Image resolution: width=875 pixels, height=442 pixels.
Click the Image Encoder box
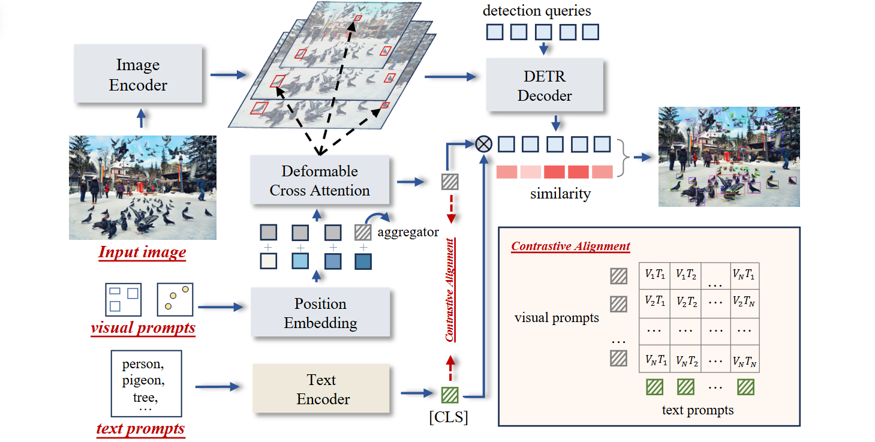pos(138,75)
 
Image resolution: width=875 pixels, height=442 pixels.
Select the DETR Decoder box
pos(545,85)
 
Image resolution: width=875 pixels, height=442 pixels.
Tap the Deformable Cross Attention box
pos(320,181)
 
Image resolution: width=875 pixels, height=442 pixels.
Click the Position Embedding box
pos(320,312)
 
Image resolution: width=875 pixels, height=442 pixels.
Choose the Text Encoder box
pos(321,389)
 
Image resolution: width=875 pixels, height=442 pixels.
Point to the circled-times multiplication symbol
pos(483,143)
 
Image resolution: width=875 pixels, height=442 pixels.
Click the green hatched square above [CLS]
pos(449,395)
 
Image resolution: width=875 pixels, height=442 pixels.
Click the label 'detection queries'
pos(537,10)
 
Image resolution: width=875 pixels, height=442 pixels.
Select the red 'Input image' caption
pos(142,252)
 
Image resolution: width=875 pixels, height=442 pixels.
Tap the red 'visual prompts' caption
pos(143,328)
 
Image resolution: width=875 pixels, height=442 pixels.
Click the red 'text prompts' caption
pos(140,428)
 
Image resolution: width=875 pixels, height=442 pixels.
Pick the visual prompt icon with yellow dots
pos(175,299)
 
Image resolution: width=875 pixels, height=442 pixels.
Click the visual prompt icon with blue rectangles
pos(124,299)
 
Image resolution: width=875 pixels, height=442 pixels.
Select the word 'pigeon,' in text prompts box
pos(143,380)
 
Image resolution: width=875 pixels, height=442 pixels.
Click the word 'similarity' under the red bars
pos(560,194)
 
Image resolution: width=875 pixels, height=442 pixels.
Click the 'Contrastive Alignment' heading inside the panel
pos(570,246)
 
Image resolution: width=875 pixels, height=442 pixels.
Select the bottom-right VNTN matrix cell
pos(744,360)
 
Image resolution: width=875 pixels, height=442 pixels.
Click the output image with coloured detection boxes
pos(729,157)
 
